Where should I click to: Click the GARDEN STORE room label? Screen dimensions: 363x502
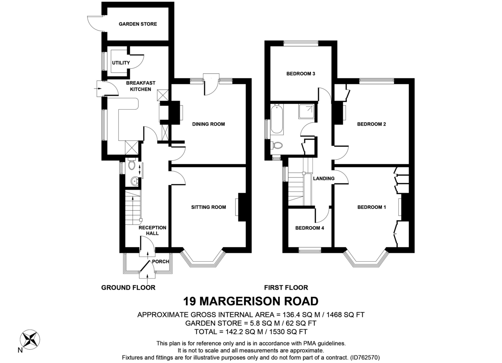(138, 24)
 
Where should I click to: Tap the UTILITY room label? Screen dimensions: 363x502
(121, 63)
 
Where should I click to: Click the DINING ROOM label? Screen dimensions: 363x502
(208, 124)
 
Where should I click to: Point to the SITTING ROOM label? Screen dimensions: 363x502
(208, 207)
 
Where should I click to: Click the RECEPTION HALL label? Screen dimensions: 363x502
(152, 230)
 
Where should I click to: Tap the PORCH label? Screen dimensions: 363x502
(161, 262)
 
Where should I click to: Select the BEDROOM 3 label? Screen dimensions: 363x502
(300, 74)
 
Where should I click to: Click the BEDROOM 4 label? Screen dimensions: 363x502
(310, 228)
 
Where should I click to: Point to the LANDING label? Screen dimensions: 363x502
(324, 178)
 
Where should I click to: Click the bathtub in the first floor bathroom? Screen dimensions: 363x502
(277, 120)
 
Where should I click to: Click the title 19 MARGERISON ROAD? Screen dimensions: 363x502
(251, 301)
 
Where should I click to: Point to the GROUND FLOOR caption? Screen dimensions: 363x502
(128, 288)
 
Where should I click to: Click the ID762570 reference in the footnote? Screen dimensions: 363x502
(365, 358)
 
